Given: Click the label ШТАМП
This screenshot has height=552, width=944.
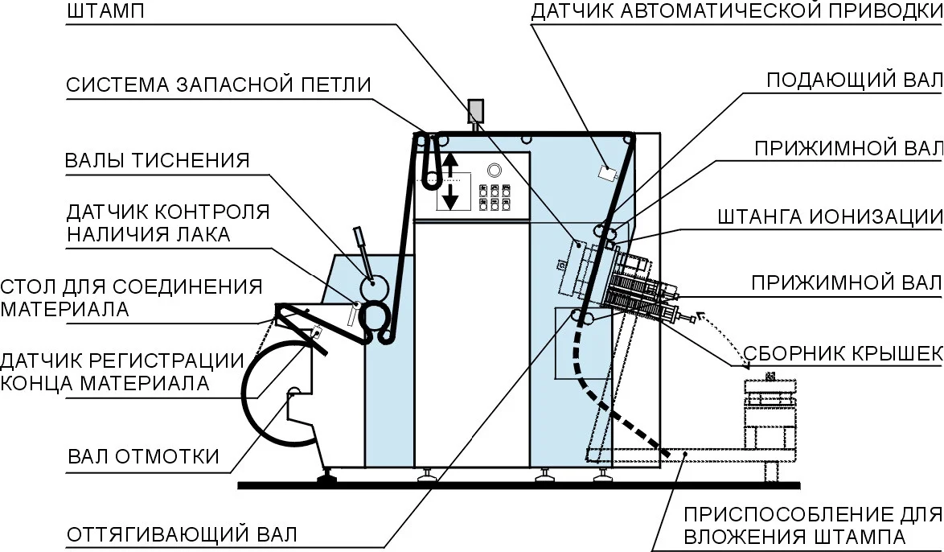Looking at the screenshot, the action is (105, 11).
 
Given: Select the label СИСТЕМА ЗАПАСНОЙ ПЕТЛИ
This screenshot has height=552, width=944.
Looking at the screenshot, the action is (219, 84).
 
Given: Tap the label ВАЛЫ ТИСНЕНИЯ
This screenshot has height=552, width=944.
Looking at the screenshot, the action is (157, 160).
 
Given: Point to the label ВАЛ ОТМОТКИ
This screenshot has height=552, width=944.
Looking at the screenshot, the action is (143, 456).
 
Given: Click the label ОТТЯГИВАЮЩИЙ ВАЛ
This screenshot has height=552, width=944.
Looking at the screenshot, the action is (182, 534).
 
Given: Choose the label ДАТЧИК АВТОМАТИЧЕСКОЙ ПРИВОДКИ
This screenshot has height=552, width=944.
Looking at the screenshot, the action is (737, 11).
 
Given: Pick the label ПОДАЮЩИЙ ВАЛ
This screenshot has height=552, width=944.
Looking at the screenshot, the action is (854, 80).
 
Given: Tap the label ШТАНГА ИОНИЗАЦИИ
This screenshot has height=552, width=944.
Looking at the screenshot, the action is (830, 217).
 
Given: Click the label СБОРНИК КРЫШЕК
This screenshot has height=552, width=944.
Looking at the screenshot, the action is (843, 354).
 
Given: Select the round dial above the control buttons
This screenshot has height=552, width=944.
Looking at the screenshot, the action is (494, 169).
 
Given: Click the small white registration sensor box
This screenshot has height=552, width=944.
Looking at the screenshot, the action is (607, 173).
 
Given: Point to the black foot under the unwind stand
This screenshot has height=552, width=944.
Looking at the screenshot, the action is (327, 480).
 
